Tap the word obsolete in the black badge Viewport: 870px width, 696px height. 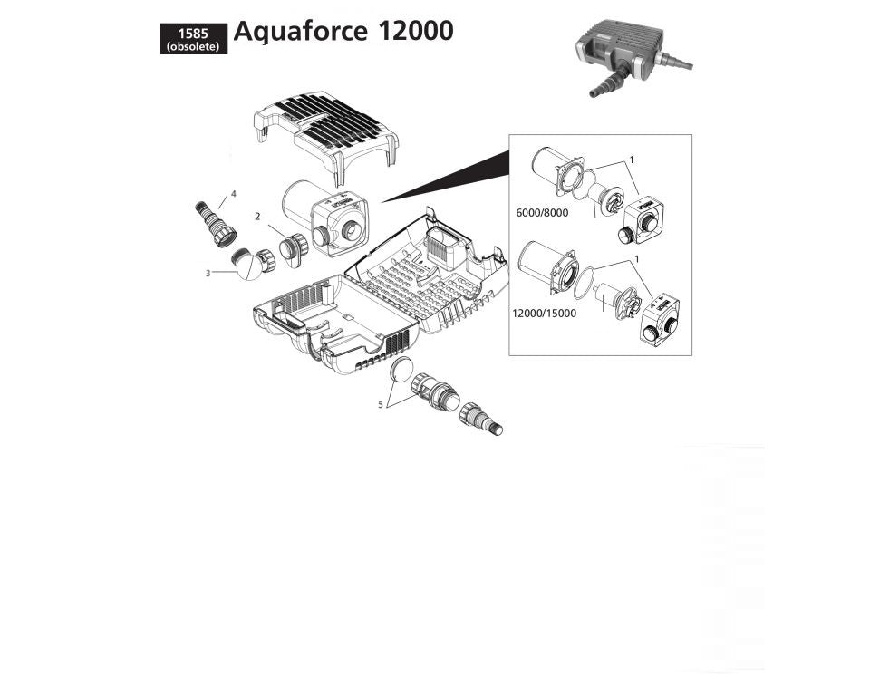coord(193,47)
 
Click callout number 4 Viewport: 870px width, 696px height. coord(233,194)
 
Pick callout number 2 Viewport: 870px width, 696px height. coord(257,217)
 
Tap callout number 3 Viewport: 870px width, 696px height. coord(208,273)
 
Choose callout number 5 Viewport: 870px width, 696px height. coord(381,405)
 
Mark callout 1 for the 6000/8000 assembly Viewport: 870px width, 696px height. coord(632,159)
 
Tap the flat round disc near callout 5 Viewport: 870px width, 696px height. coord(401,372)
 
